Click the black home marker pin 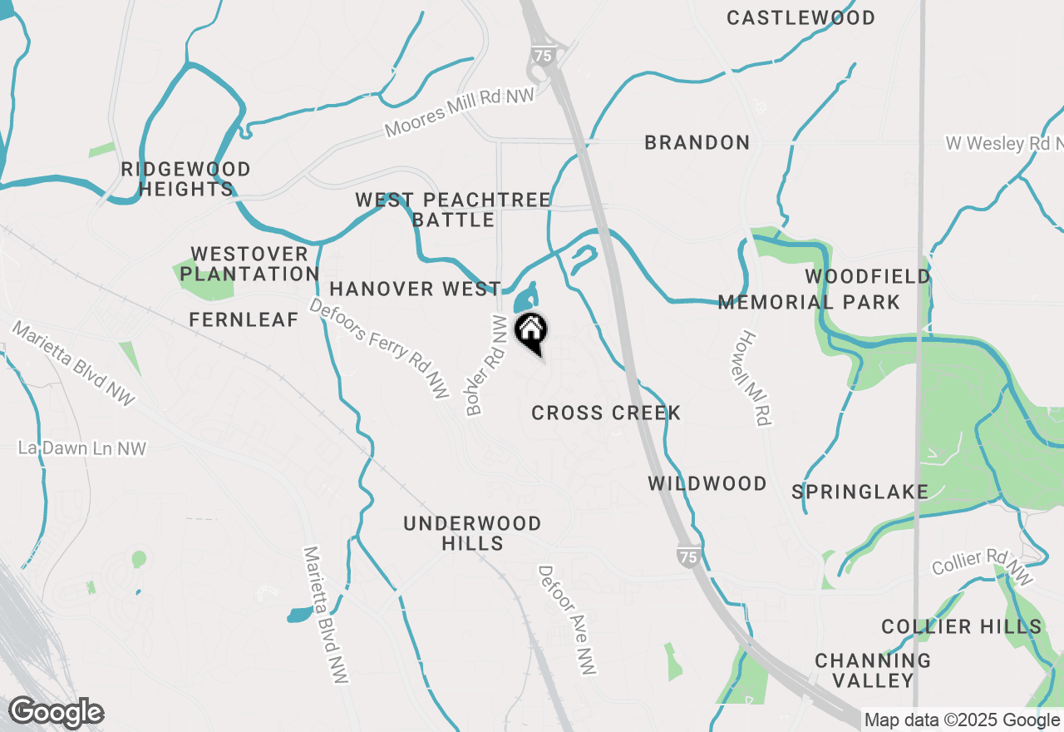pos(531,332)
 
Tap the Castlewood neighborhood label pos(800,17)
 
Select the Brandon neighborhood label pos(697,142)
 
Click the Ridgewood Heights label pos(185,179)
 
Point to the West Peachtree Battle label pos(453,210)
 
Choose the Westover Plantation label pos(249,264)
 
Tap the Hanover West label pos(415,289)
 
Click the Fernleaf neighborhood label pos(244,319)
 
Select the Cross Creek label pos(606,413)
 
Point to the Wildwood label pos(707,483)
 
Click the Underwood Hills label pos(472,533)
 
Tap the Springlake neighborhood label pos(860,492)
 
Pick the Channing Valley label pos(873,670)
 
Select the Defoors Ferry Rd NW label pos(378,349)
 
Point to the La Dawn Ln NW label pos(81,448)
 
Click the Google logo pos(56,713)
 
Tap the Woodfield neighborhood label pos(867,276)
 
